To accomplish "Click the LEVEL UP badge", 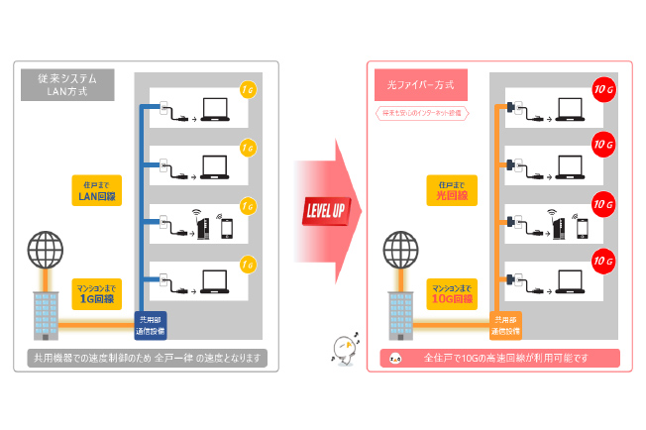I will [x=324, y=212].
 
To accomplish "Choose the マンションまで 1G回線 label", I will [x=96, y=293].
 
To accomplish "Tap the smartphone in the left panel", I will [x=226, y=229].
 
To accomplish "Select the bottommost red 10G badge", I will [x=601, y=262].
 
